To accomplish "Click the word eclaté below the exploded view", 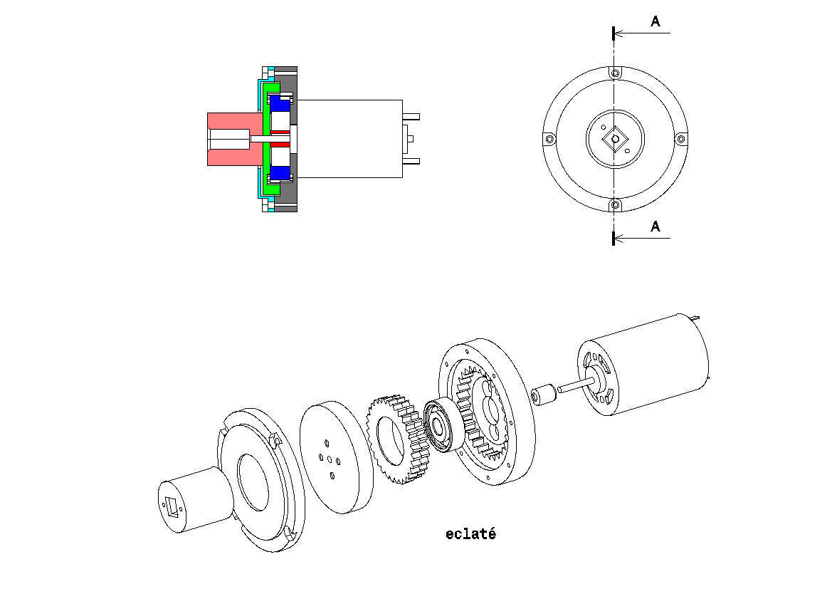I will pyautogui.click(x=470, y=534).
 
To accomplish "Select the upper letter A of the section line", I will pyautogui.click(x=655, y=22).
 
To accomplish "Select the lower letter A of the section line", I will pyautogui.click(x=655, y=226).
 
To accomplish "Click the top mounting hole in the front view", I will pyautogui.click(x=615, y=73).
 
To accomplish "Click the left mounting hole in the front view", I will pyautogui.click(x=549, y=139).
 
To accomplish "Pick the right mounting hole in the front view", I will pyautogui.click(x=680, y=139).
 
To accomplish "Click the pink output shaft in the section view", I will pyautogui.click(x=228, y=139).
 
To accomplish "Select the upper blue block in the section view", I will pyautogui.click(x=280, y=103).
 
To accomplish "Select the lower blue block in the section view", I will pyautogui.click(x=280, y=172).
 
